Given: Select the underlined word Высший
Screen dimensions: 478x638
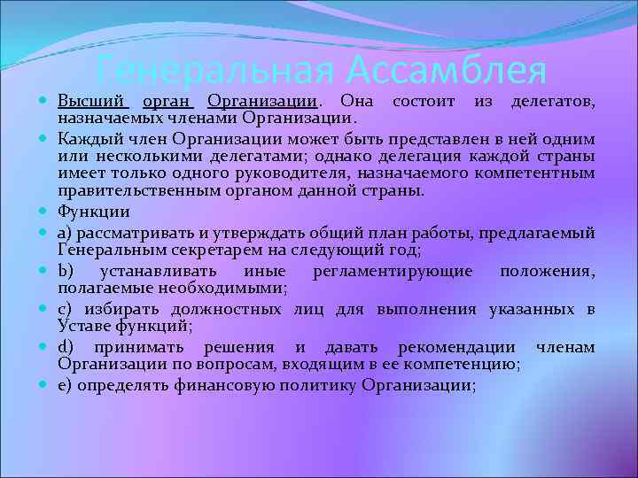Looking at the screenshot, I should point(93,103).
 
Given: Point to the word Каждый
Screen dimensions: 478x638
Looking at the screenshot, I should point(86,138).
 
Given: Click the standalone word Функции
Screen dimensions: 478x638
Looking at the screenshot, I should point(93,212).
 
